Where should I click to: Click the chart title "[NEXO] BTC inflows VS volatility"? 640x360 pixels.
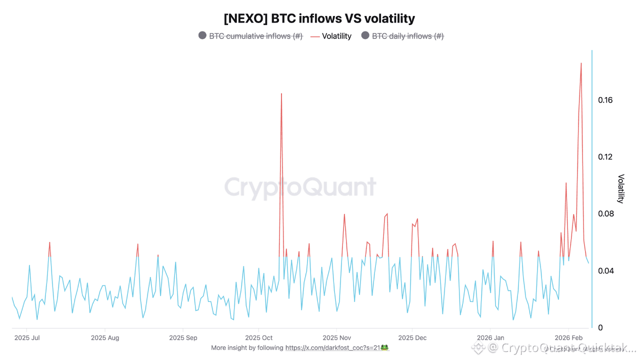319,19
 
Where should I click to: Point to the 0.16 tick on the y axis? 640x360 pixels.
605,100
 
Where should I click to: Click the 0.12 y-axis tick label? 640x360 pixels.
605,157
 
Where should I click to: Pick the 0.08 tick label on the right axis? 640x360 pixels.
605,214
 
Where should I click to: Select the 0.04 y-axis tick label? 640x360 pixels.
605,271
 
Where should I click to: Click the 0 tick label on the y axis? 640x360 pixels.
600,328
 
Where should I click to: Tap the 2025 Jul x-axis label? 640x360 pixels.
27,338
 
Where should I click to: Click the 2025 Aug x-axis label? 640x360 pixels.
105,338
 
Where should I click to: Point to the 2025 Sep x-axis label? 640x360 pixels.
183,338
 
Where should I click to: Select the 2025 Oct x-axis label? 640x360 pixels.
258,338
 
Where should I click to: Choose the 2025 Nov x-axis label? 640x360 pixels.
337,338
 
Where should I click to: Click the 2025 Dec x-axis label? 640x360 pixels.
412,338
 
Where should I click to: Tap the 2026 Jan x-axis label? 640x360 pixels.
490,338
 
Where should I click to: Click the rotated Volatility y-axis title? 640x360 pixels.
621,188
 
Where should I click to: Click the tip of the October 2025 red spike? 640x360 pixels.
281,93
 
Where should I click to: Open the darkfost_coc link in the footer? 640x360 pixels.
333,347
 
